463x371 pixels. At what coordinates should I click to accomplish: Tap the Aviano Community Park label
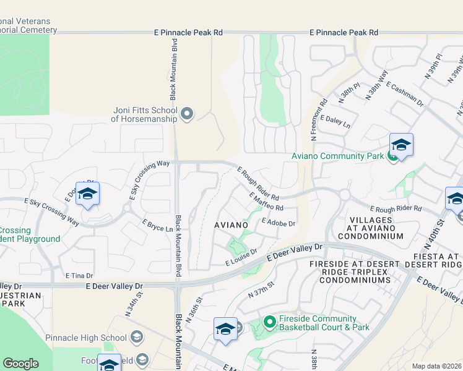337,156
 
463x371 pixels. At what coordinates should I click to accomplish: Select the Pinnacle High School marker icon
137,337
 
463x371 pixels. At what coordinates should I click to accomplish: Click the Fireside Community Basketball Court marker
269,322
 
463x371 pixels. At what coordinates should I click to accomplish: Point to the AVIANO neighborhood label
231,224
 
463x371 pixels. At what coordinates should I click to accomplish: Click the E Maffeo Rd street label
266,202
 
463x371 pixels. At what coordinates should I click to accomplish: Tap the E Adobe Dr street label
279,221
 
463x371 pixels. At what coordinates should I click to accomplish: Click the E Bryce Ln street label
157,226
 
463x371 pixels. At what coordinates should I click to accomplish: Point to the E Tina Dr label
79,275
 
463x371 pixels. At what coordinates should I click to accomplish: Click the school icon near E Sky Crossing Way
87,194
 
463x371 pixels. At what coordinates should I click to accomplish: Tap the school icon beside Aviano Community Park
401,146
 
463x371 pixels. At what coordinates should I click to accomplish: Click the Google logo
21,363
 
